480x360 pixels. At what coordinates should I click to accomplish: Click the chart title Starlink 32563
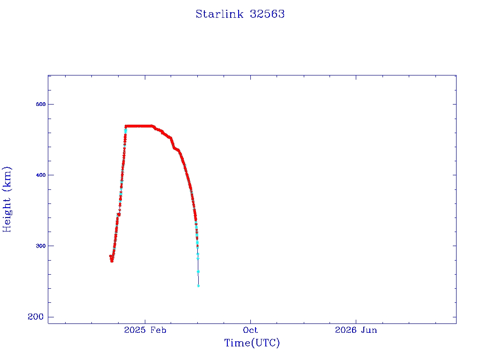tap(240, 14)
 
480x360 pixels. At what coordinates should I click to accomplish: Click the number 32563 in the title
tap(267, 14)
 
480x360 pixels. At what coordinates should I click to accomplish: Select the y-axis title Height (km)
tap(7, 199)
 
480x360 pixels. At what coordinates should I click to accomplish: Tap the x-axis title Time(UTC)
tap(252, 343)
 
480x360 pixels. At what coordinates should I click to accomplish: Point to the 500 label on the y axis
tap(40, 104)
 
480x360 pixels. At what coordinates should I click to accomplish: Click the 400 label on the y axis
tap(40, 175)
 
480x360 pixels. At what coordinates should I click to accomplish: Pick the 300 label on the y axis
tap(40, 246)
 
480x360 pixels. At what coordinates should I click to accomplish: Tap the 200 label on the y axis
tap(36, 317)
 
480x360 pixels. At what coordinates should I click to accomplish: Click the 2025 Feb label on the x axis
tap(145, 330)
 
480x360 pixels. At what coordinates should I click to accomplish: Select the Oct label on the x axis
tap(250, 330)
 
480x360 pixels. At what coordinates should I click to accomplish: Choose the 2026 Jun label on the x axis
tap(356, 330)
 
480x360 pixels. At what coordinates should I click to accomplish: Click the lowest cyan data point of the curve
tap(198, 286)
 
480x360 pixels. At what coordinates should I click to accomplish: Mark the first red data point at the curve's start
tap(111, 256)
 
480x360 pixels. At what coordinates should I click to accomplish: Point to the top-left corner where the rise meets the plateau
tap(126, 126)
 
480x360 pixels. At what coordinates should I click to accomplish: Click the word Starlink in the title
tap(219, 14)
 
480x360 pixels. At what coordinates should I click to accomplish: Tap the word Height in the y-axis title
tap(7, 215)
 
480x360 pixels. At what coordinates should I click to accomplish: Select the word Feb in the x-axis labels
tap(158, 330)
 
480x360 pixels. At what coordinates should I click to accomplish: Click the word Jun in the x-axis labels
tap(369, 330)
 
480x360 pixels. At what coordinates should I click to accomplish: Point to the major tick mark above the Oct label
tap(250, 322)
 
